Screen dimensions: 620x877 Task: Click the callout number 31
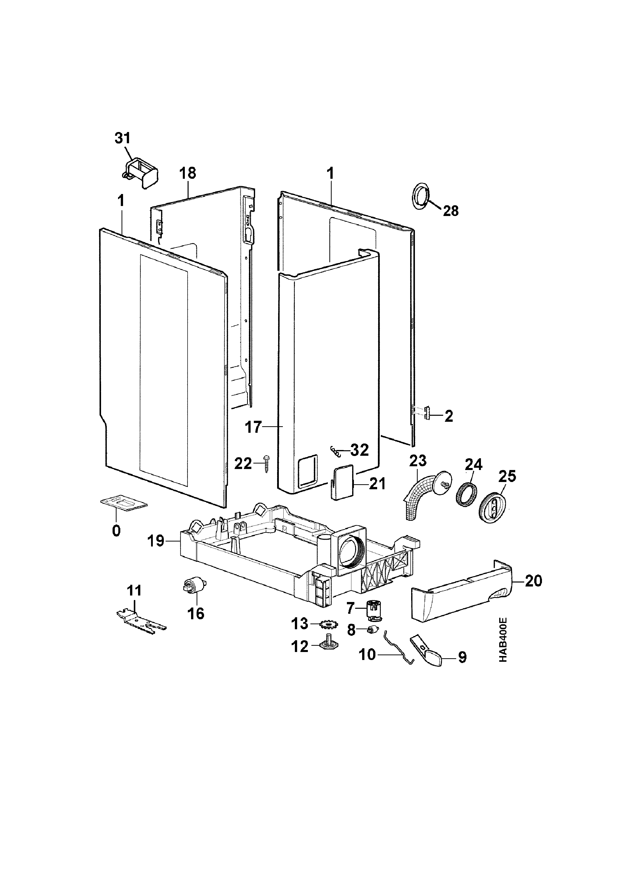click(123, 138)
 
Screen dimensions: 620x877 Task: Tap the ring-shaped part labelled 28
click(420, 196)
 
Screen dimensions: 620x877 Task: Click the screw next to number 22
click(266, 464)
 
